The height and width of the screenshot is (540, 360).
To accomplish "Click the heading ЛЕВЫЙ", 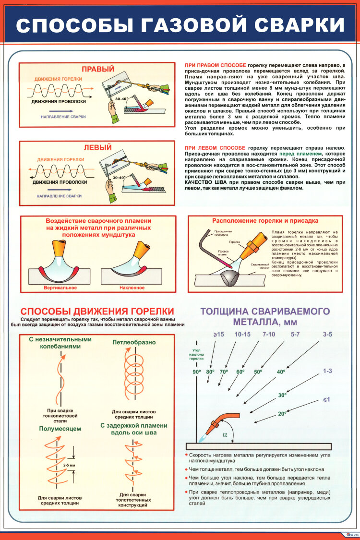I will (97, 147).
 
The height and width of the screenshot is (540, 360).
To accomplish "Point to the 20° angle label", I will (282, 413).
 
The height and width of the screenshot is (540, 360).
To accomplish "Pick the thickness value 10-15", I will (243, 334).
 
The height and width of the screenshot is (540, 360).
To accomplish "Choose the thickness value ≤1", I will (326, 399).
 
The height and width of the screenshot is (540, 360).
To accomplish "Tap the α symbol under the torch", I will (225, 435).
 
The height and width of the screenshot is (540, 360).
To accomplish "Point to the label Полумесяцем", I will (60, 428).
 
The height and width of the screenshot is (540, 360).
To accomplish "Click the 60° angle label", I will (240, 372).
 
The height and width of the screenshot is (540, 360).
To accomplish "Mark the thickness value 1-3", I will (327, 371).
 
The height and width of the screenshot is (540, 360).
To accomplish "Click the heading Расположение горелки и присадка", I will (265, 221).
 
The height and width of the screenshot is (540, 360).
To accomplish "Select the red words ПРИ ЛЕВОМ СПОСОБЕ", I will (215, 147).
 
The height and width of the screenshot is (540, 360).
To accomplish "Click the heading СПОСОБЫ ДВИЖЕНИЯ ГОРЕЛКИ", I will (97, 311).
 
